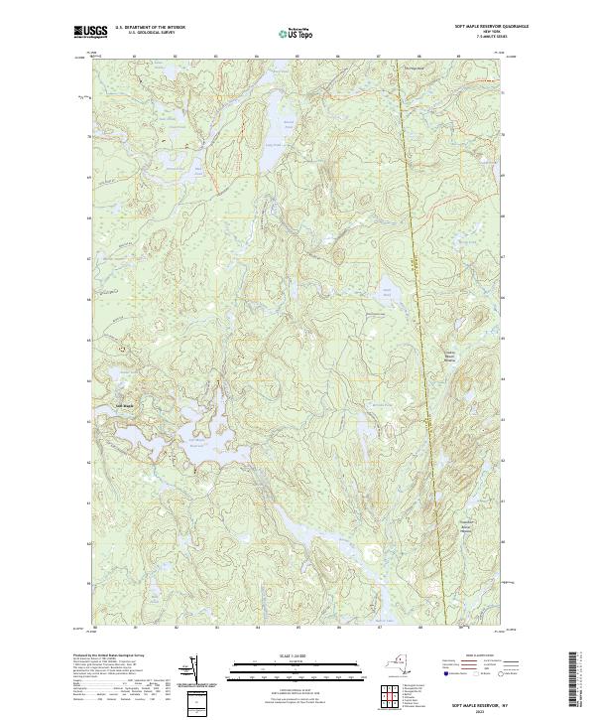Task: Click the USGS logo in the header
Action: click(x=86, y=32)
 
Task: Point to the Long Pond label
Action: click(x=268, y=143)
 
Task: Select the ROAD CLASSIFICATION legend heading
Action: click(x=477, y=656)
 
